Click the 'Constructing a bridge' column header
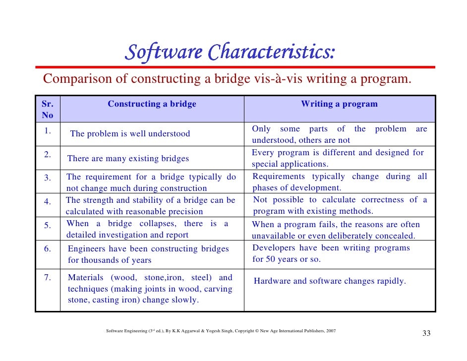point(152,104)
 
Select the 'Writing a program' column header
point(339,104)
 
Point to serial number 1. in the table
point(48,131)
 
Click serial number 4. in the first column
point(48,202)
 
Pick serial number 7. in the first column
point(48,278)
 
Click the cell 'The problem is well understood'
point(130,134)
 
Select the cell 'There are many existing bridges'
point(128,159)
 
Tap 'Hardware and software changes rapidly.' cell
point(330,281)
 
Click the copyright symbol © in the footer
point(254,330)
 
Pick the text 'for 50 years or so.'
point(287,259)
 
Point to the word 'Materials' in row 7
point(86,278)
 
